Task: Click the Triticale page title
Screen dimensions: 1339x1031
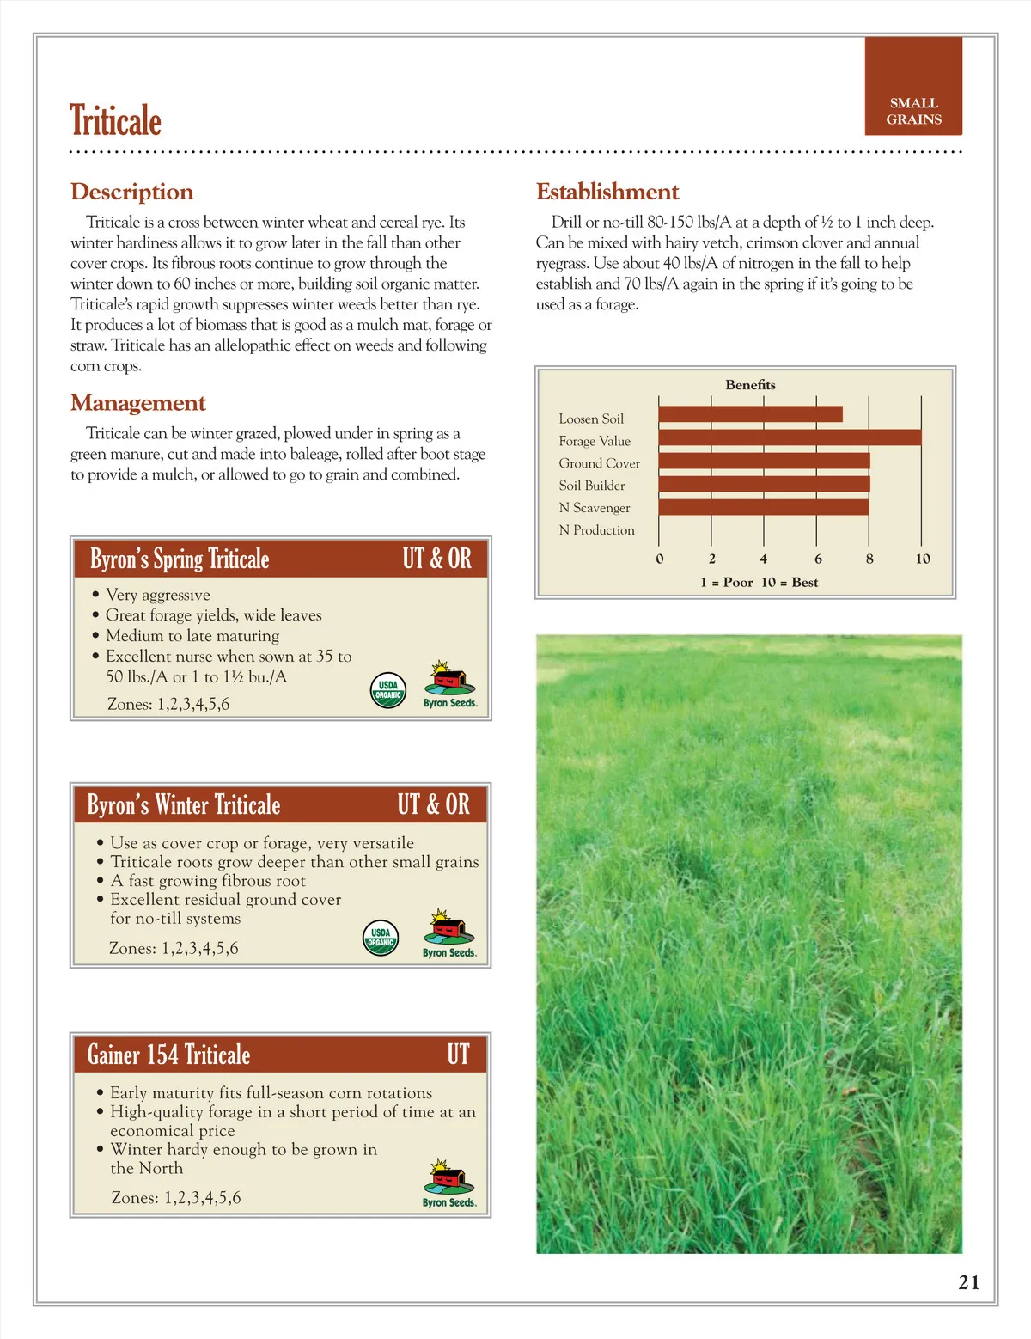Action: [x=115, y=120]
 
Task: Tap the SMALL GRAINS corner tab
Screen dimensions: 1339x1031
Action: [x=913, y=111]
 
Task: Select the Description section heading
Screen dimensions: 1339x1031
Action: [x=131, y=192]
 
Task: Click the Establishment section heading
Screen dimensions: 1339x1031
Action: [x=607, y=192]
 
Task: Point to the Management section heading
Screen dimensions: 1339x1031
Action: [x=137, y=403]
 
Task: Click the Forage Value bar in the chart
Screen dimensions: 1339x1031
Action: [x=790, y=437]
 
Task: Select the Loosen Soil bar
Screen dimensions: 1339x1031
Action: [x=750, y=414]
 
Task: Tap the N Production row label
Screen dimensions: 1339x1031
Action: [x=596, y=530]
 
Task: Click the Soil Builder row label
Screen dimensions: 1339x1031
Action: [x=591, y=486]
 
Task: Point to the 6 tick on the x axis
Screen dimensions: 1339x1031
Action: [x=817, y=559]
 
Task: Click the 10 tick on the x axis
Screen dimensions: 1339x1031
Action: [x=922, y=559]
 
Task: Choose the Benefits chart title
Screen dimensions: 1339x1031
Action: [x=750, y=385]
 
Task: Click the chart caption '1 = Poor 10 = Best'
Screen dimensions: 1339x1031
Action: [x=759, y=583]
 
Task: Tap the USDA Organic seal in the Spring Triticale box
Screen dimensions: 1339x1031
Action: [x=387, y=690]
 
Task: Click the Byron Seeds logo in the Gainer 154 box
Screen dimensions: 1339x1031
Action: [x=448, y=1183]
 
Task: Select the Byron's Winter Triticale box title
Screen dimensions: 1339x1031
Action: [x=184, y=805]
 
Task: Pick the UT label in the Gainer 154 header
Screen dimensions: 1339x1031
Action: [x=457, y=1055]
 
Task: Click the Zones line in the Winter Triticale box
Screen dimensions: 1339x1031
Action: [x=174, y=949]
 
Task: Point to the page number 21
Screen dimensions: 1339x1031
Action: [x=968, y=1282]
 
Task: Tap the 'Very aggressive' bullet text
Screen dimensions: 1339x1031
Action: [x=157, y=595]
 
